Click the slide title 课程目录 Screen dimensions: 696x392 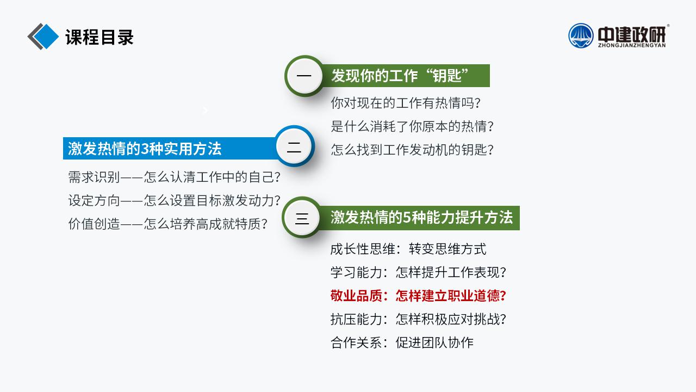click(100, 37)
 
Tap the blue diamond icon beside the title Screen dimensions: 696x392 click(46, 36)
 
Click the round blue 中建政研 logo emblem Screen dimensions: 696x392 click(581, 35)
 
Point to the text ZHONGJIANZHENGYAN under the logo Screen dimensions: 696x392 click(632, 45)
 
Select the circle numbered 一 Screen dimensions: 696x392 click(304, 76)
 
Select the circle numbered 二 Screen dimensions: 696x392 click(294, 146)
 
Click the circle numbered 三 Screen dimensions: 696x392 click(302, 218)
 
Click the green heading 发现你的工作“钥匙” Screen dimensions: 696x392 click(400, 76)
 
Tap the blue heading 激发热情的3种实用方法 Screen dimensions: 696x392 click(145, 149)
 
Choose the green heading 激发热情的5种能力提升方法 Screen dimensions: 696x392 click(421, 217)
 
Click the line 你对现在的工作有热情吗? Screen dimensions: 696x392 click(406, 103)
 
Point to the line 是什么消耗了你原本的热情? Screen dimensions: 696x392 click(412, 126)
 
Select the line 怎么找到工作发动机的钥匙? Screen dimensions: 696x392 click(412, 150)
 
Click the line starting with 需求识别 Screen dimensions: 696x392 click(174, 177)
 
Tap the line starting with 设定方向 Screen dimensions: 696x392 click(174, 200)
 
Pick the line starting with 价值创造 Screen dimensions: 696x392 click(167, 224)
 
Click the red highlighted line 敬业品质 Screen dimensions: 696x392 click(418, 296)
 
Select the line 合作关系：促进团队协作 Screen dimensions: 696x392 click(402, 342)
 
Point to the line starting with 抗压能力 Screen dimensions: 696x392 click(418, 319)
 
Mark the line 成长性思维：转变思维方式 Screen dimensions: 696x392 click(408, 249)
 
